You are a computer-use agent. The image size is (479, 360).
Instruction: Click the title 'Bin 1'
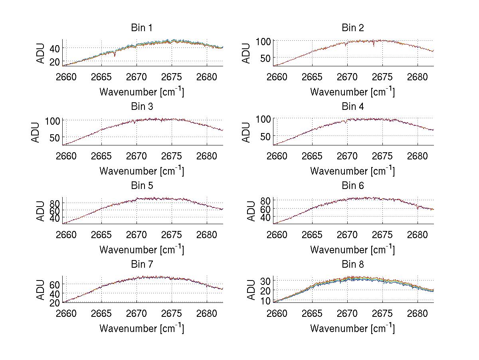click(x=141, y=28)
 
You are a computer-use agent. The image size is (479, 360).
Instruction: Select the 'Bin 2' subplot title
click(x=352, y=28)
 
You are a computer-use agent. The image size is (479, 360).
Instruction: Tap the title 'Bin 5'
click(x=141, y=186)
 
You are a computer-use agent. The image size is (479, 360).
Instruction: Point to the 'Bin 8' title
click(x=352, y=265)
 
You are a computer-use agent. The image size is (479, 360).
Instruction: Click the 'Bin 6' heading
click(x=352, y=186)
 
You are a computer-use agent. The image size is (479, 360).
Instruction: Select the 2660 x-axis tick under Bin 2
click(x=277, y=77)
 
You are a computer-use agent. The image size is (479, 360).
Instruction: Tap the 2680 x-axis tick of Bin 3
click(x=207, y=155)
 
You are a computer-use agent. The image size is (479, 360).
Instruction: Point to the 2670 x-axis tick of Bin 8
click(x=347, y=313)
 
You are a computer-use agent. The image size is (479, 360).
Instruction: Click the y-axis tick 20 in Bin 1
click(x=54, y=62)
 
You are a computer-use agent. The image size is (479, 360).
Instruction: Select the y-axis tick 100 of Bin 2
click(x=263, y=41)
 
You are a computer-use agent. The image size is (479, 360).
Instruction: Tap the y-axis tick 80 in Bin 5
click(x=54, y=202)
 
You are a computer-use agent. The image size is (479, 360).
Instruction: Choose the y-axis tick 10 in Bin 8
click(x=266, y=300)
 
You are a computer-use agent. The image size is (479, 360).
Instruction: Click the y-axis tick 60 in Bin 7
click(x=54, y=284)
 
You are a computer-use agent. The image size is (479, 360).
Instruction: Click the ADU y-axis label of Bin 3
click(x=36, y=132)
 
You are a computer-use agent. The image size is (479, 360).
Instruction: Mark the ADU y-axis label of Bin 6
click(x=247, y=211)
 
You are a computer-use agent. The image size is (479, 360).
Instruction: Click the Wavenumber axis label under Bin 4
click(x=352, y=171)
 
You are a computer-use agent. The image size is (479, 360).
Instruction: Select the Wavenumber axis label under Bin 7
click(x=141, y=328)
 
